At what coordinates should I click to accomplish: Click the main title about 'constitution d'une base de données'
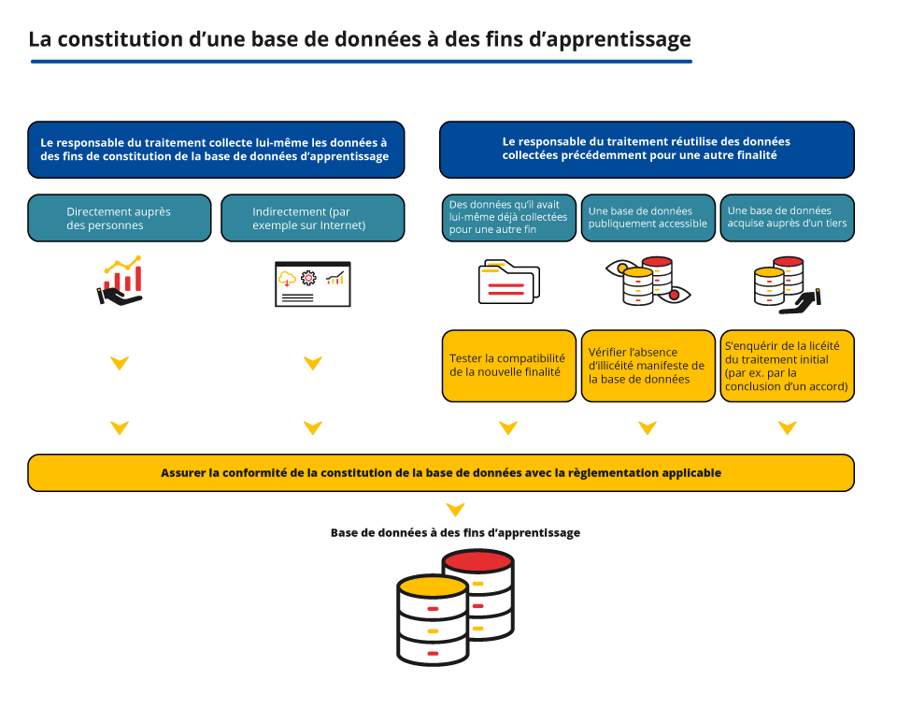click(360, 39)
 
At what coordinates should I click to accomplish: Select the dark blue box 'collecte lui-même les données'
click(216, 150)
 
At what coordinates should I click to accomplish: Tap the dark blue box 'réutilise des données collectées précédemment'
click(647, 150)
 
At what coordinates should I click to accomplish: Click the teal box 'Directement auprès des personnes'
click(120, 218)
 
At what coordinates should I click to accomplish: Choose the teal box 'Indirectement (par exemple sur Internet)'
click(312, 218)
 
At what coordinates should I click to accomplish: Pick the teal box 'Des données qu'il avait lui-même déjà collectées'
click(507, 217)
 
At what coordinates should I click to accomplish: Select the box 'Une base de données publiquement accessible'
click(648, 217)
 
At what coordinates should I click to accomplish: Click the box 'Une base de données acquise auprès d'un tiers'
click(787, 217)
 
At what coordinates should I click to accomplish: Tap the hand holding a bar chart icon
click(121, 282)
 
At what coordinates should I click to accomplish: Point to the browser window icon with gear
click(312, 283)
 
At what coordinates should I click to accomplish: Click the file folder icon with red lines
click(508, 282)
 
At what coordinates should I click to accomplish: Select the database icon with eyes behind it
click(648, 281)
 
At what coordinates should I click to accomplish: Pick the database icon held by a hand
click(786, 283)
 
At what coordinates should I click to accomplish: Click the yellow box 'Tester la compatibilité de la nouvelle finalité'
click(507, 366)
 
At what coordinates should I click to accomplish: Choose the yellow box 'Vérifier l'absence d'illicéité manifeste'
click(648, 366)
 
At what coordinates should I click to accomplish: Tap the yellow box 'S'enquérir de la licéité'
click(787, 366)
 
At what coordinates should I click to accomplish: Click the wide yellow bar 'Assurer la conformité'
click(441, 473)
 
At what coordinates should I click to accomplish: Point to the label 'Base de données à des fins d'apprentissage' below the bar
click(455, 532)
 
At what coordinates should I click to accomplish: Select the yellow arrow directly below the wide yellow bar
click(455, 510)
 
